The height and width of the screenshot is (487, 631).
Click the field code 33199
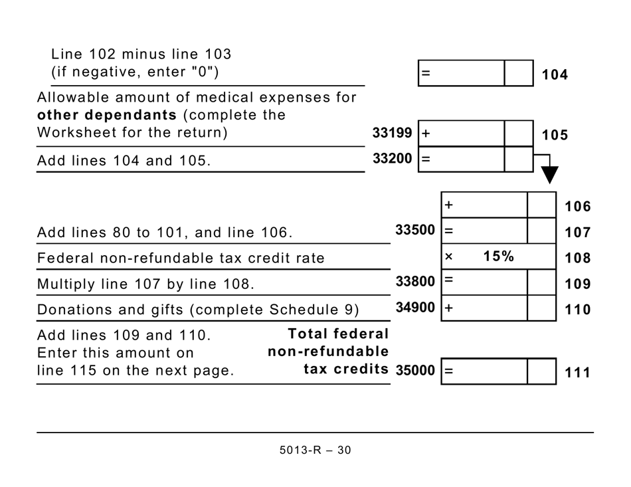392,134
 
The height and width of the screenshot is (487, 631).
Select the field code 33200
392,159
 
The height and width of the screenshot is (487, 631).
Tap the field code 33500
415,231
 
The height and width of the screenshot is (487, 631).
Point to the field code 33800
415,282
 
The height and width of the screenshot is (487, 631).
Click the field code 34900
415,308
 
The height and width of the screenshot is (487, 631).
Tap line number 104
555,75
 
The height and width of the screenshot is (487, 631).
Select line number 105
555,135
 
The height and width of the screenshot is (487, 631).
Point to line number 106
577,207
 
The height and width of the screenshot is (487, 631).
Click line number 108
577,258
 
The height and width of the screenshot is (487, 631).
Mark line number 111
577,373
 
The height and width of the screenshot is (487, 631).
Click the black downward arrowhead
549,175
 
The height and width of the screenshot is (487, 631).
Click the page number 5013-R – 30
315,450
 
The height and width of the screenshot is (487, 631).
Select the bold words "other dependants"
107,115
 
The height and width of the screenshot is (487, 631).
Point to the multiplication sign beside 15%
448,257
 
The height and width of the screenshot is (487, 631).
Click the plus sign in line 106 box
449,205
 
